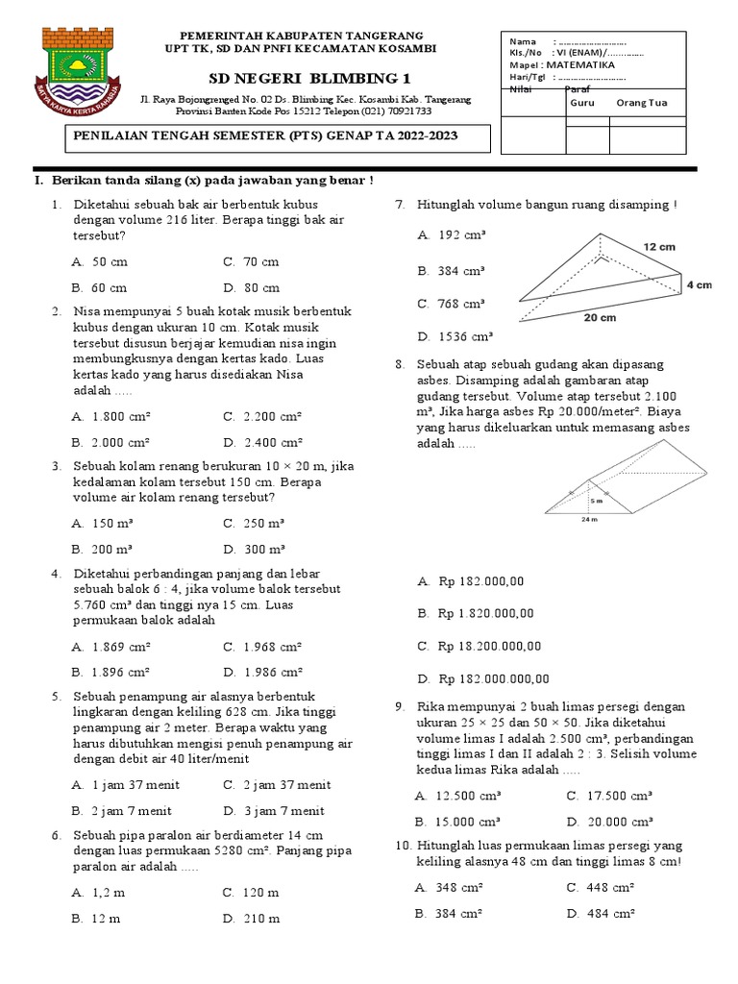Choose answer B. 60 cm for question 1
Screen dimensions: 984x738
pyautogui.click(x=99, y=287)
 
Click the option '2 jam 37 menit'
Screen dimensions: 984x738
pyautogui.click(x=277, y=784)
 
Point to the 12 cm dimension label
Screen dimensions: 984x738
pyautogui.click(x=659, y=247)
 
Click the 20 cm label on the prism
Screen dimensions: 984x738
pyautogui.click(x=599, y=318)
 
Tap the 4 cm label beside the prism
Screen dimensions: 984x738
pyautogui.click(x=699, y=285)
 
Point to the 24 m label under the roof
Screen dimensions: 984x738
pyautogui.click(x=589, y=520)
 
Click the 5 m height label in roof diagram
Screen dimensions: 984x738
pyautogui.click(x=596, y=501)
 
